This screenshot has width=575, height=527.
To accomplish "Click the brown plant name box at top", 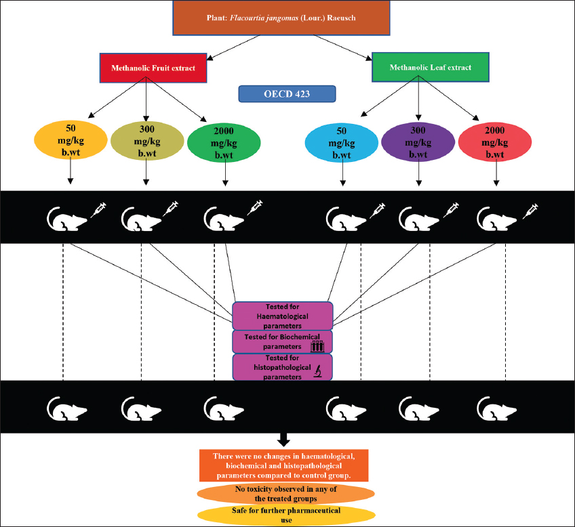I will [x=287, y=18].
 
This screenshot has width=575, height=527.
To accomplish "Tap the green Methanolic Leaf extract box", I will [x=421, y=67].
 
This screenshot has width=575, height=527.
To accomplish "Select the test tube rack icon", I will [x=317, y=345].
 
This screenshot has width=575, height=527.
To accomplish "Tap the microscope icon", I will [x=317, y=370].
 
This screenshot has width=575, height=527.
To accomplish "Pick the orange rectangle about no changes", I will [x=283, y=465].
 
